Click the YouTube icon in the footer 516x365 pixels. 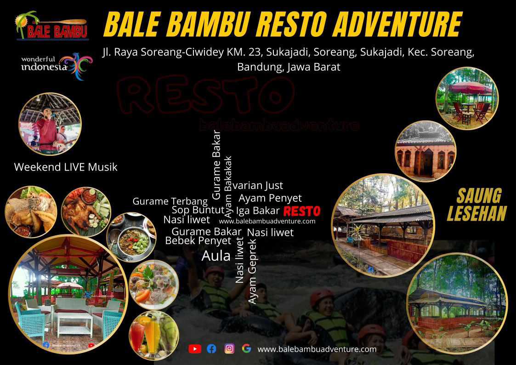[195, 349]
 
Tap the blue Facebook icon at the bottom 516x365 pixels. [211, 349]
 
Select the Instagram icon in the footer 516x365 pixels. [229, 348]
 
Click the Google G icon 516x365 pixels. [246, 348]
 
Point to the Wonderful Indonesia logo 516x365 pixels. [56, 66]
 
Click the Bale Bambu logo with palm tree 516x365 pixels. [51, 26]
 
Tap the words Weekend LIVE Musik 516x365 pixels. [66, 167]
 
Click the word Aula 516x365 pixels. [216, 256]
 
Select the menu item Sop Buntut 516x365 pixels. [198, 210]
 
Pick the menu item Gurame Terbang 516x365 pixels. [170, 201]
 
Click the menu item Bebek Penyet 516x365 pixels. [198, 240]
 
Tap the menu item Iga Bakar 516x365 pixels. [258, 211]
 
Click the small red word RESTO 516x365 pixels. [301, 211]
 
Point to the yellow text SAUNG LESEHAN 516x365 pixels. [476, 205]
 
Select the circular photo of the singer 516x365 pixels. [50, 124]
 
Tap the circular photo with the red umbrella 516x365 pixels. [467, 98]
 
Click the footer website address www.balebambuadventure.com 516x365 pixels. [317, 349]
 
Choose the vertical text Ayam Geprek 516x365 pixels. [252, 271]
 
